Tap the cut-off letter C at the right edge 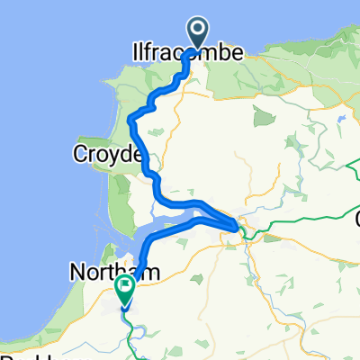point(356,219)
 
